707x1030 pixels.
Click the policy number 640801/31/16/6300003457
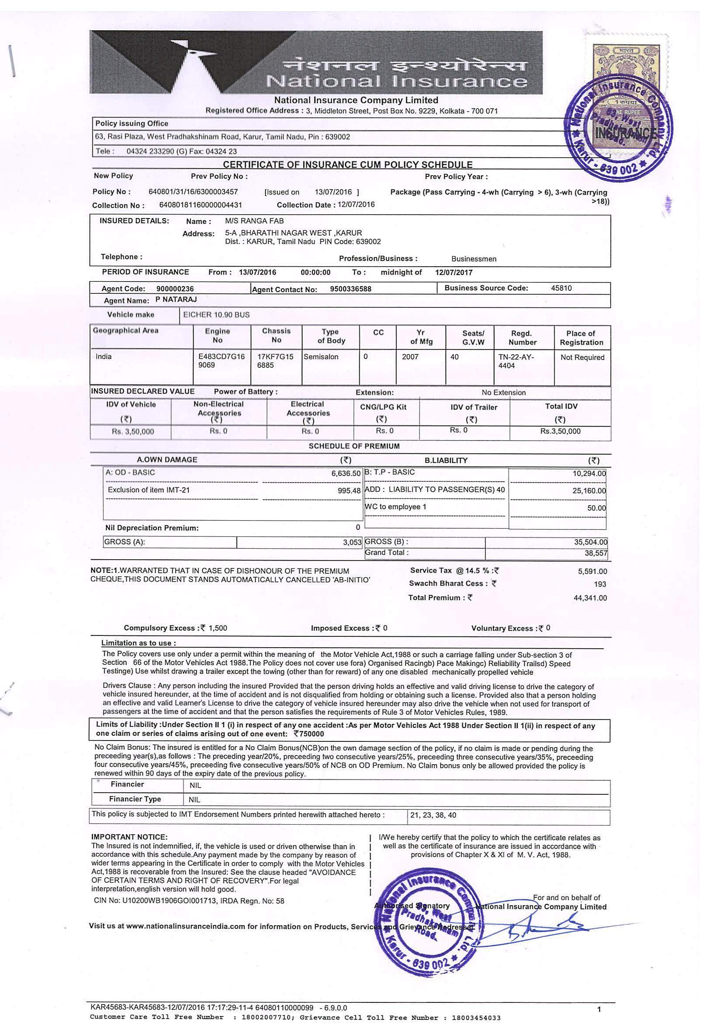tap(193, 192)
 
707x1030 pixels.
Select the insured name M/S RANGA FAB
tap(255, 221)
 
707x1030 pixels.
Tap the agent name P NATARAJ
tap(176, 300)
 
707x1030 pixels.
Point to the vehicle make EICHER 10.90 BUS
tap(216, 315)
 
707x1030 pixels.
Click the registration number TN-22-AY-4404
tap(516, 361)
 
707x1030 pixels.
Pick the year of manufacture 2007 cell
tap(410, 357)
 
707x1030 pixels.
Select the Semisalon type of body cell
tap(321, 357)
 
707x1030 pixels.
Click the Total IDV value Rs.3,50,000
tap(560, 431)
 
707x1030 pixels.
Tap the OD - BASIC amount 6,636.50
tap(346, 473)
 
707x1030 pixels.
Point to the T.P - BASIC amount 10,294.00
tap(589, 473)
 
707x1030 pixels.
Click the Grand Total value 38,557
tap(596, 553)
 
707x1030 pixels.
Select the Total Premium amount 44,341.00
tap(590, 598)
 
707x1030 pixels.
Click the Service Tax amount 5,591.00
tap(592, 572)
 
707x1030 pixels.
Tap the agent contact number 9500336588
tap(350, 289)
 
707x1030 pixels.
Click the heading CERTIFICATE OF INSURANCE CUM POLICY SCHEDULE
tap(347, 164)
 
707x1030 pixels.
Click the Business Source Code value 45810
tap(561, 288)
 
